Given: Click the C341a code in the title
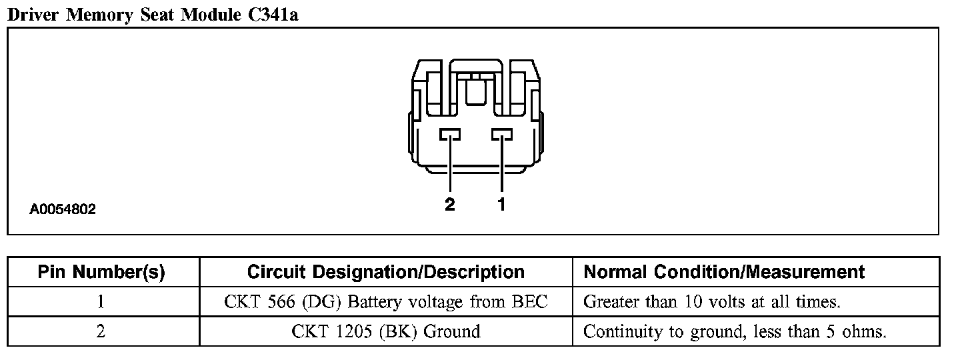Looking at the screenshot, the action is click(x=273, y=15).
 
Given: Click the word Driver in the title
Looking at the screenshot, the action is click(x=33, y=15).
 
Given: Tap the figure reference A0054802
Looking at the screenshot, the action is click(x=63, y=209).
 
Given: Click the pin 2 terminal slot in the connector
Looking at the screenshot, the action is click(x=450, y=135).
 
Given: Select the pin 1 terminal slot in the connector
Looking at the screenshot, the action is click(x=502, y=135).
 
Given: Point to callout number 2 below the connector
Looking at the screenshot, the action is click(x=449, y=205).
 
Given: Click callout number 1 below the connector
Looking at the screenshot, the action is click(x=501, y=205).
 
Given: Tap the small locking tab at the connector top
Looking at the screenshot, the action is click(x=476, y=90).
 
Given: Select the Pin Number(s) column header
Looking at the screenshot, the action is click(x=101, y=273).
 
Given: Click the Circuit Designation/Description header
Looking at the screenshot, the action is click(x=386, y=272).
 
